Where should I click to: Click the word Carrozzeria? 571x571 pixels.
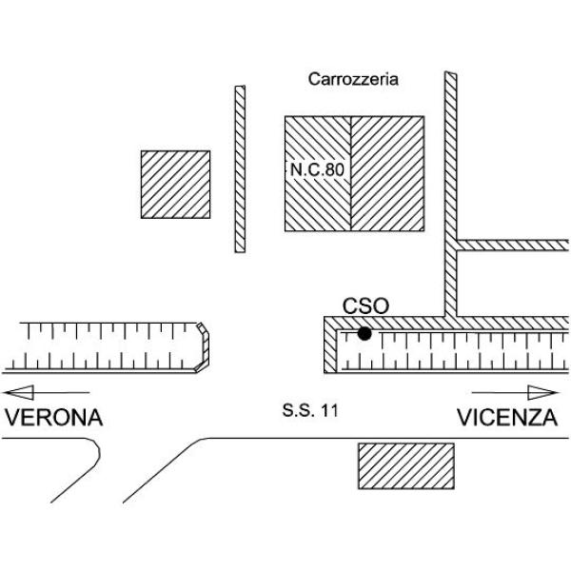353,79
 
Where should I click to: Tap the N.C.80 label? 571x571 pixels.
317,169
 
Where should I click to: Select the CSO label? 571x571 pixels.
365,305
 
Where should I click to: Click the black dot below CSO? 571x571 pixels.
364,333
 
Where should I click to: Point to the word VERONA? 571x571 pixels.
53,418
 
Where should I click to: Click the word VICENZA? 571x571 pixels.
507,418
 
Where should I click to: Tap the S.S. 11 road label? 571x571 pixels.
310,410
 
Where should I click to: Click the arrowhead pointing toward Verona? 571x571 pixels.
19,392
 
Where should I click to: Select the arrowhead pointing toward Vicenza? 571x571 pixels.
542,392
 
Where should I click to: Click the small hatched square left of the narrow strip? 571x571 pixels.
175,185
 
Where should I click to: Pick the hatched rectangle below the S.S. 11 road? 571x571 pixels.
406,465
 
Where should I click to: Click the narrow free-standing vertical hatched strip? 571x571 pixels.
240,169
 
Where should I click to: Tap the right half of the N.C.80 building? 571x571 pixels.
387,174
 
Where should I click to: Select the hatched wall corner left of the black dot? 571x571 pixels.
330,345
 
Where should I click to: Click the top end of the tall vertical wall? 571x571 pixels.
451,73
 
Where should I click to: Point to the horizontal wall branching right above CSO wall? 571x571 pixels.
512,246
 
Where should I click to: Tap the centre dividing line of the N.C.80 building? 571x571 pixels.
350,174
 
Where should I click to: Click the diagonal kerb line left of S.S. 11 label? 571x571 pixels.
164,470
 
